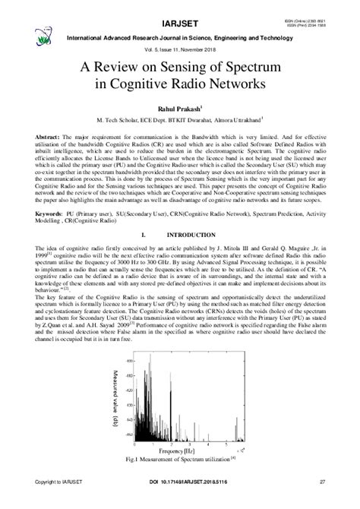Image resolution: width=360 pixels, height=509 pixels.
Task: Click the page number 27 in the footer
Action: tap(323, 501)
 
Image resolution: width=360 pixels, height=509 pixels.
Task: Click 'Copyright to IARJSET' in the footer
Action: tap(58, 501)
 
